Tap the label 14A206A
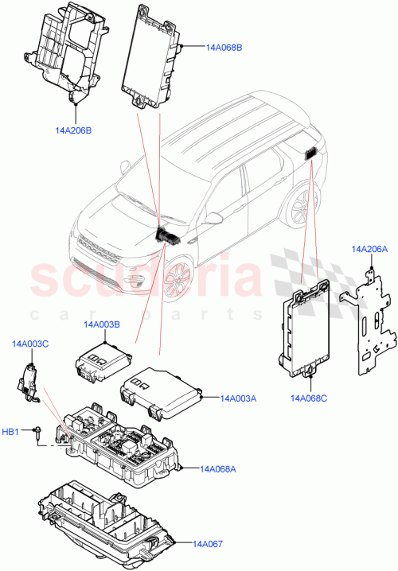pyautogui.click(x=369, y=249)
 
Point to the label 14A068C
pyautogui.click(x=309, y=398)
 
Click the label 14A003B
pyautogui.click(x=102, y=324)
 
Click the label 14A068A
pyautogui.click(x=217, y=469)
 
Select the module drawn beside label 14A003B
pyautogui.click(x=101, y=363)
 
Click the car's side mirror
pyautogui.click(x=217, y=218)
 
